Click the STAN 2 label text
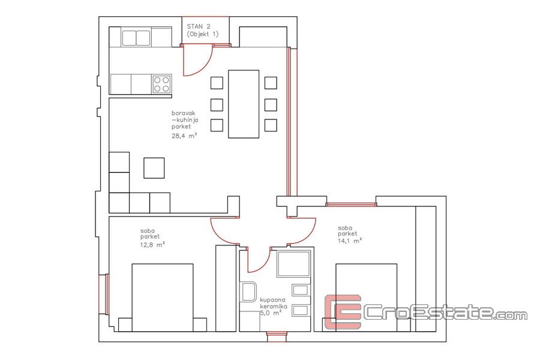[199, 26]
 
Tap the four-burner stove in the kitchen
[162, 84]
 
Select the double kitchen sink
[136, 38]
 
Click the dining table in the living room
[244, 104]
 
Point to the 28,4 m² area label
[184, 136]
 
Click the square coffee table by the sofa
[154, 168]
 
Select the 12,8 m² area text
[152, 245]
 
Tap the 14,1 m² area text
[350, 241]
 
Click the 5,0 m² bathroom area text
[271, 313]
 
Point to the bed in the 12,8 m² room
[163, 298]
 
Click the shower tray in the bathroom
[294, 264]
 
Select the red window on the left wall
[104, 294]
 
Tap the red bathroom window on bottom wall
[277, 337]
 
